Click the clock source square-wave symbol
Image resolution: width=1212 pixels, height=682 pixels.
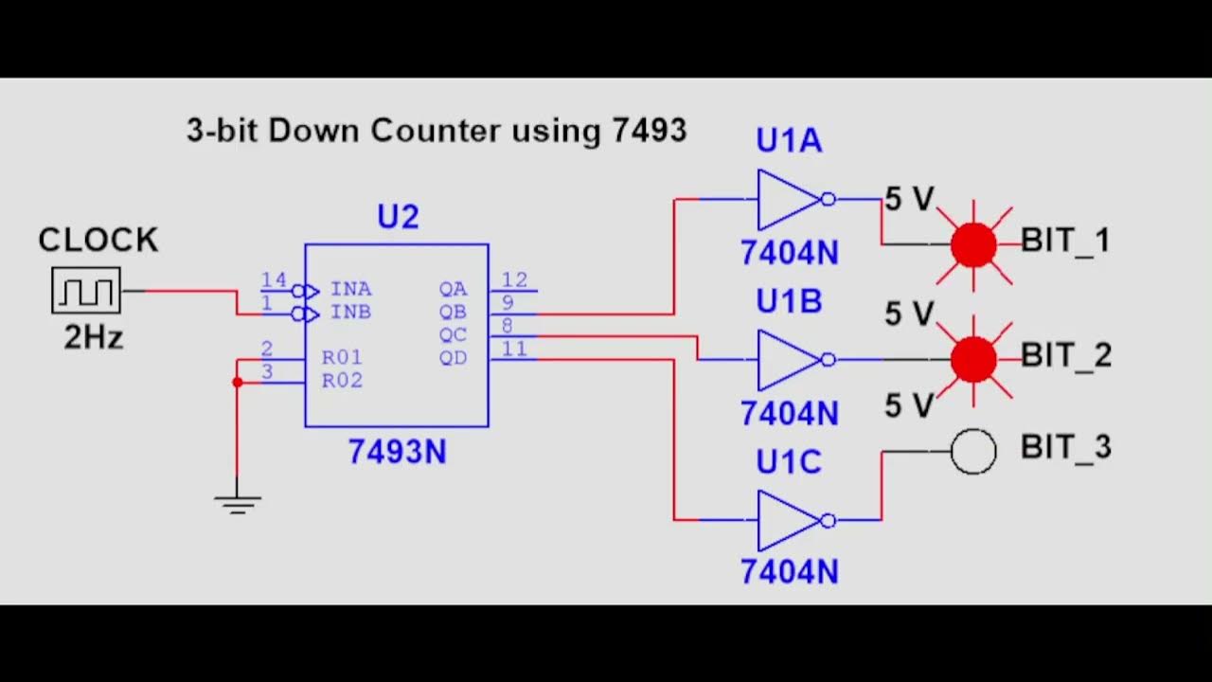[x=86, y=290]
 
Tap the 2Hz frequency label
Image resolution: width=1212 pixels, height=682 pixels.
[x=93, y=336]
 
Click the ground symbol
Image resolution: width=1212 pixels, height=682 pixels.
[x=237, y=503]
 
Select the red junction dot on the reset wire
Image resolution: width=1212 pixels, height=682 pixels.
[x=237, y=382]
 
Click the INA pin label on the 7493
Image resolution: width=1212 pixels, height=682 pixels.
[x=350, y=289]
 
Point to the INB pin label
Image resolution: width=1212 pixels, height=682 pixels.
[x=350, y=312]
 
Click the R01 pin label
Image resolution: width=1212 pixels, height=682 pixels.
[x=342, y=358]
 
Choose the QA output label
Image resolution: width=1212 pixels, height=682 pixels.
[x=453, y=289]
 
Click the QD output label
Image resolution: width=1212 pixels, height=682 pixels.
[x=453, y=358]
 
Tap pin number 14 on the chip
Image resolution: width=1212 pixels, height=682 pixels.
[x=274, y=279]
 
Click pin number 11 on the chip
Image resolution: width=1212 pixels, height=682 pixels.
[x=514, y=350]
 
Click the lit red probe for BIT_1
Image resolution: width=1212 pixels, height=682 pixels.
[x=973, y=244]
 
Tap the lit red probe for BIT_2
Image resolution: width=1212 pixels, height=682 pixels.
[x=973, y=359]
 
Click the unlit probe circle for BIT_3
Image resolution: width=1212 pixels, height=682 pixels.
[x=973, y=451]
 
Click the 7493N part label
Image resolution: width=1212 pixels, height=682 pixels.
[x=397, y=452]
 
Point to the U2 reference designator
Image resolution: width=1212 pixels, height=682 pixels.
[x=397, y=218]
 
